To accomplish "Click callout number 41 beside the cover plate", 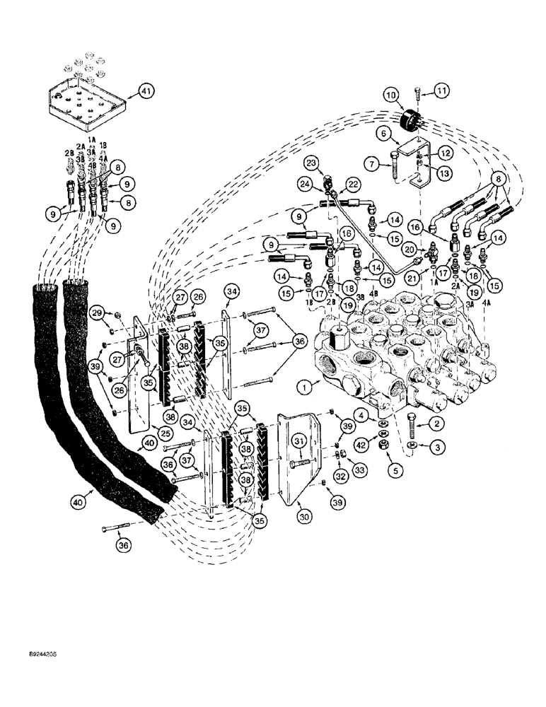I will pyautogui.click(x=146, y=92).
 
